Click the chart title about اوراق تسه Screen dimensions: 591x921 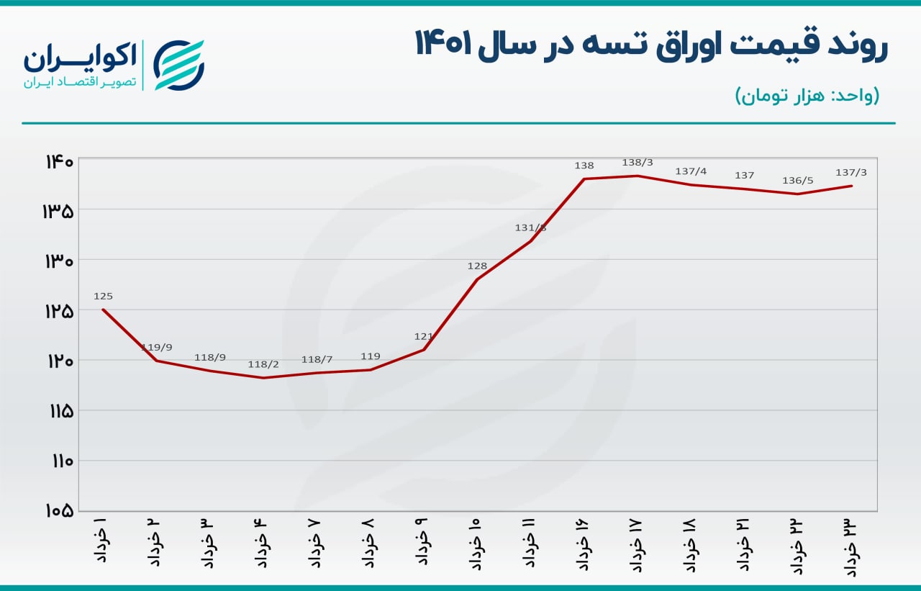click(x=651, y=45)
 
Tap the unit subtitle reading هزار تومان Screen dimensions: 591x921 click(x=807, y=96)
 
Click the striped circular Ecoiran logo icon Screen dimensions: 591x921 click(x=179, y=65)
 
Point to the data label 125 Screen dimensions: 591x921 click(x=103, y=296)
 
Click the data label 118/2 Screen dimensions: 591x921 click(x=263, y=364)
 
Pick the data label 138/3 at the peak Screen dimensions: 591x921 click(x=638, y=163)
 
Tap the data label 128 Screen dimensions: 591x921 click(x=477, y=266)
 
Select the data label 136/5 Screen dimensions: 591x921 click(x=797, y=180)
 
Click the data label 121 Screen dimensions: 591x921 click(x=424, y=336)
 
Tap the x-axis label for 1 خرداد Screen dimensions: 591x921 click(x=101, y=538)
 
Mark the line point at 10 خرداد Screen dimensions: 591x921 click(x=477, y=279)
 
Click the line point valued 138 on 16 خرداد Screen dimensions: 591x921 click(x=584, y=179)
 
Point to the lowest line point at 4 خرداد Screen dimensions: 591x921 click(x=263, y=378)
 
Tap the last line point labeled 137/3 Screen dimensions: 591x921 click(x=852, y=186)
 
